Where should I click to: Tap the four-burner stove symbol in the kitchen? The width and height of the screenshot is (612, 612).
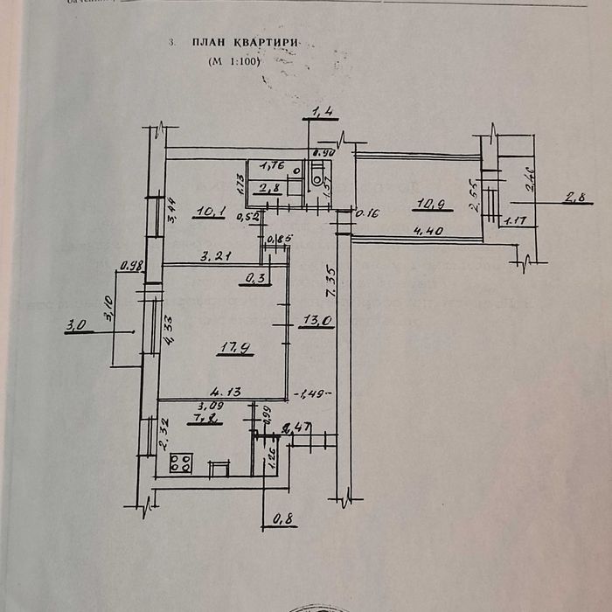182,462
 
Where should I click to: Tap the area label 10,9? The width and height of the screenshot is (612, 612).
428,205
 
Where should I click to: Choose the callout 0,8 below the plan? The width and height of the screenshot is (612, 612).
283,519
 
